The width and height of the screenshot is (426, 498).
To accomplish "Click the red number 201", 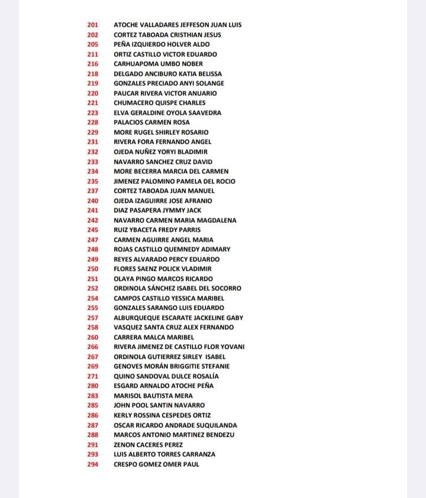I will (93, 25).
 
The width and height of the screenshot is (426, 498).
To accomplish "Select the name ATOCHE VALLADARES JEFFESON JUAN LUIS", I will (177, 25).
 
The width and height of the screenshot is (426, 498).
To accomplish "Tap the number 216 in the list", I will (93, 64).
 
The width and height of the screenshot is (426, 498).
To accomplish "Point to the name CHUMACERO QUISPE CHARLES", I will (160, 103).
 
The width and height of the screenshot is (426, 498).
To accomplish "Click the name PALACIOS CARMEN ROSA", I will (152, 122).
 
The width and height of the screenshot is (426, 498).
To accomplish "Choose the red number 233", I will (93, 161).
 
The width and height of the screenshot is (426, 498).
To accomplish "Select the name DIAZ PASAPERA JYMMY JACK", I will (157, 210).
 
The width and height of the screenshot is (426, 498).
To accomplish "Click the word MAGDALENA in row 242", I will (217, 220).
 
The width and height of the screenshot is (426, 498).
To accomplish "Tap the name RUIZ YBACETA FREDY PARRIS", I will (157, 230).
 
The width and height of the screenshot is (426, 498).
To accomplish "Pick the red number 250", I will (93, 269).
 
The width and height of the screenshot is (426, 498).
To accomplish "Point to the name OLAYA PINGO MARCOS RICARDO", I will (163, 279).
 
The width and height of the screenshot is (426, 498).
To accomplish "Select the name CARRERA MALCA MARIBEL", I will (154, 337).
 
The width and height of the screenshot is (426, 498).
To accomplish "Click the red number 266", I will (93, 347).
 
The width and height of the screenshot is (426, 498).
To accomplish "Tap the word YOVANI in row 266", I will (231, 347).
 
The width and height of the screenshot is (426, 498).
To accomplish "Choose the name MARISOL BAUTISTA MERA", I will (153, 396).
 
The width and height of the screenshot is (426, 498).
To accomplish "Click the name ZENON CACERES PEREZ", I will (149, 445).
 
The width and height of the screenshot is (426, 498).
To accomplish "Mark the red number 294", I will (93, 464).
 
